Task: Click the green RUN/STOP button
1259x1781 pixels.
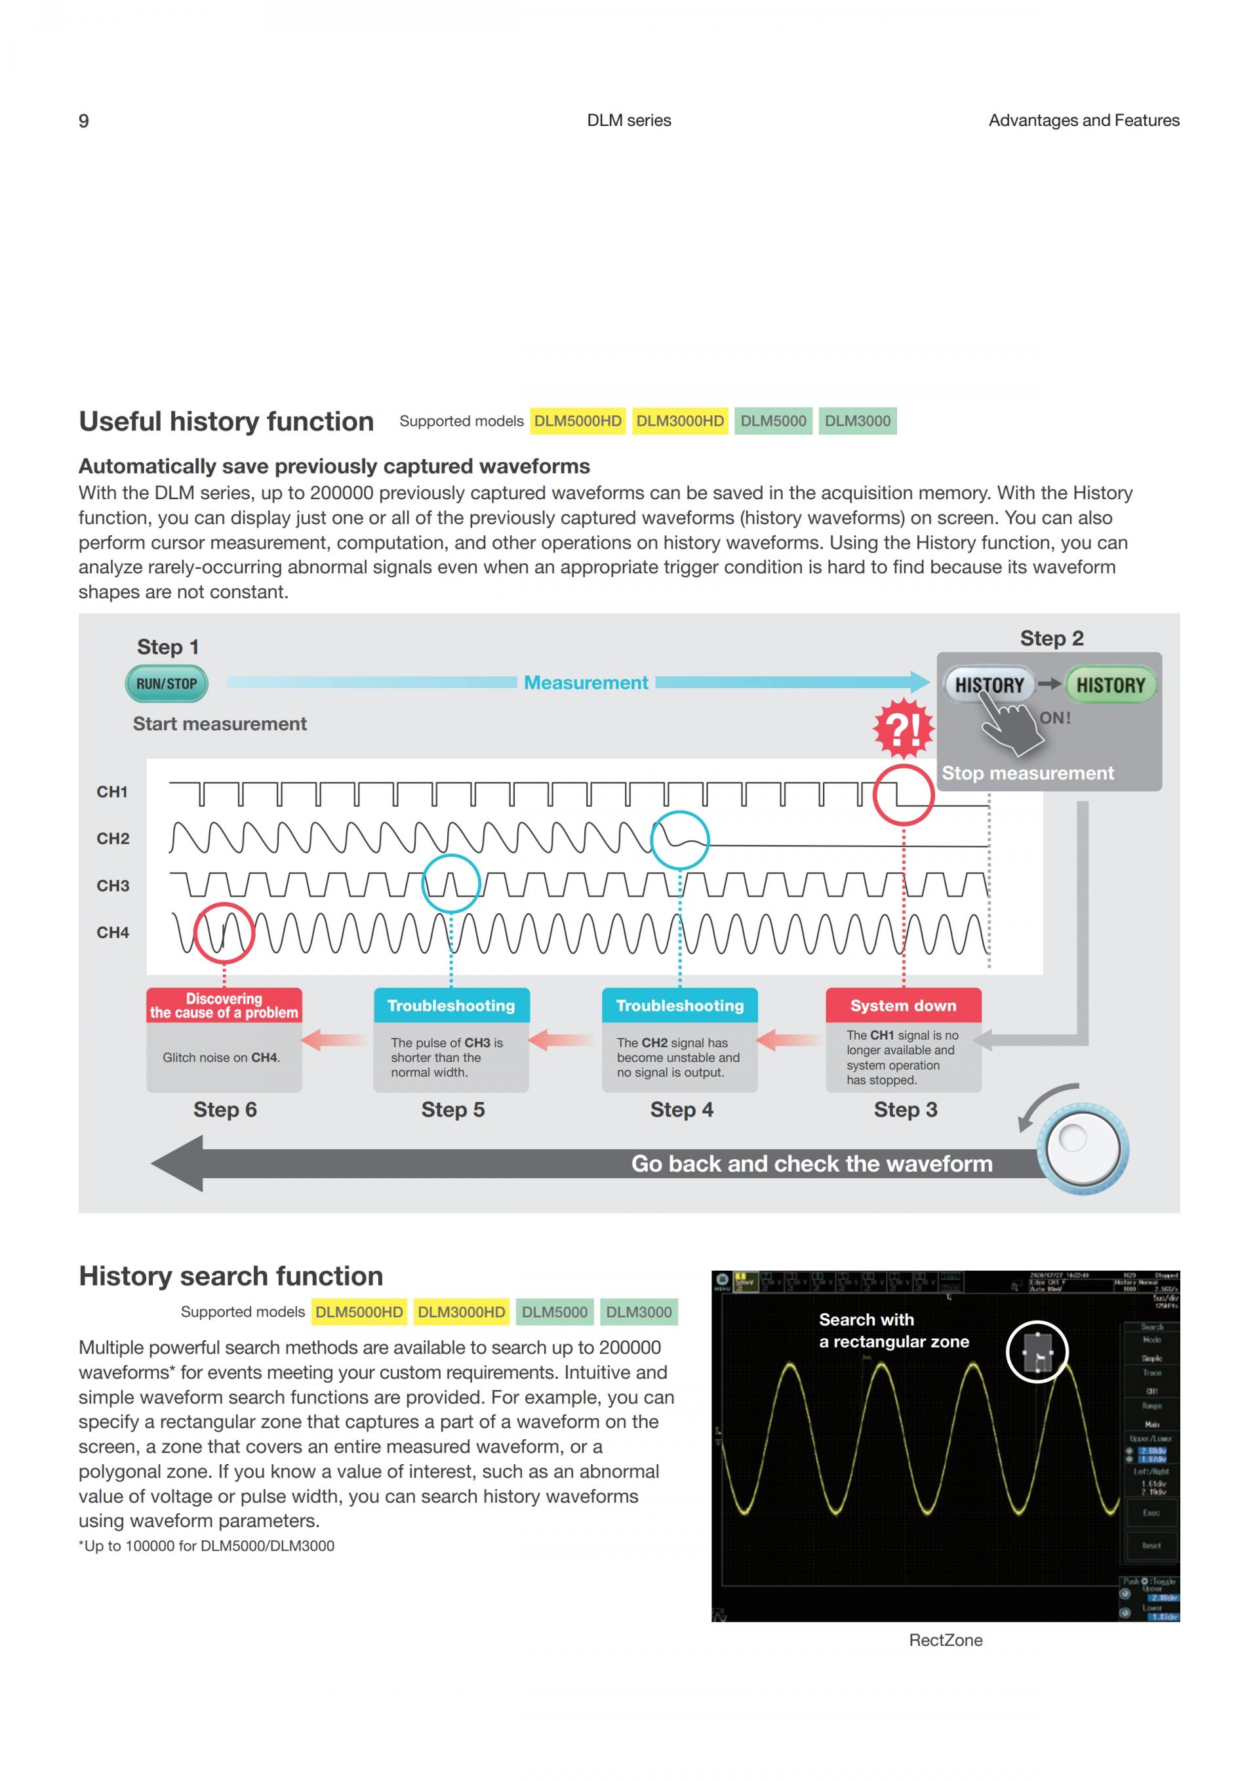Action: pyautogui.click(x=167, y=684)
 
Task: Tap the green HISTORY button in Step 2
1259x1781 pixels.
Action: pyautogui.click(x=1110, y=685)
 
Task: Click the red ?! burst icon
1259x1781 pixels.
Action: pyautogui.click(x=903, y=728)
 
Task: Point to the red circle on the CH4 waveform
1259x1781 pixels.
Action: pyautogui.click(x=224, y=933)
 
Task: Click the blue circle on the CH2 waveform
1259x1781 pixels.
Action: pyautogui.click(x=680, y=840)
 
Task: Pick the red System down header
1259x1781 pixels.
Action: pyautogui.click(x=903, y=1006)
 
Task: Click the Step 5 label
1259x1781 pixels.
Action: pyautogui.click(x=452, y=1109)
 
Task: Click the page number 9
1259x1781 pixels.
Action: pyautogui.click(x=84, y=121)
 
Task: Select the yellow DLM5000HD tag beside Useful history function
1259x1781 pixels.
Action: pyautogui.click(x=578, y=421)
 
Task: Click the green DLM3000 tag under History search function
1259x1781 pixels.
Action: pyautogui.click(x=638, y=1312)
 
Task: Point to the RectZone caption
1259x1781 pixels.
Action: pyautogui.click(x=945, y=1640)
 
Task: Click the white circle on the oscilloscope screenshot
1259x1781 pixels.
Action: pyautogui.click(x=1037, y=1351)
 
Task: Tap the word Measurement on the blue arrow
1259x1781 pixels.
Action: pyautogui.click(x=586, y=683)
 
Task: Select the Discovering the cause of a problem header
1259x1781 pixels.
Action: pyautogui.click(x=224, y=1006)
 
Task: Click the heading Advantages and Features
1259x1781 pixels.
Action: pyautogui.click(x=1083, y=120)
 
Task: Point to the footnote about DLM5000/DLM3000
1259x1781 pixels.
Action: pyautogui.click(x=206, y=1546)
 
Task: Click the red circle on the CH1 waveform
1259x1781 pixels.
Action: pyautogui.click(x=903, y=794)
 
